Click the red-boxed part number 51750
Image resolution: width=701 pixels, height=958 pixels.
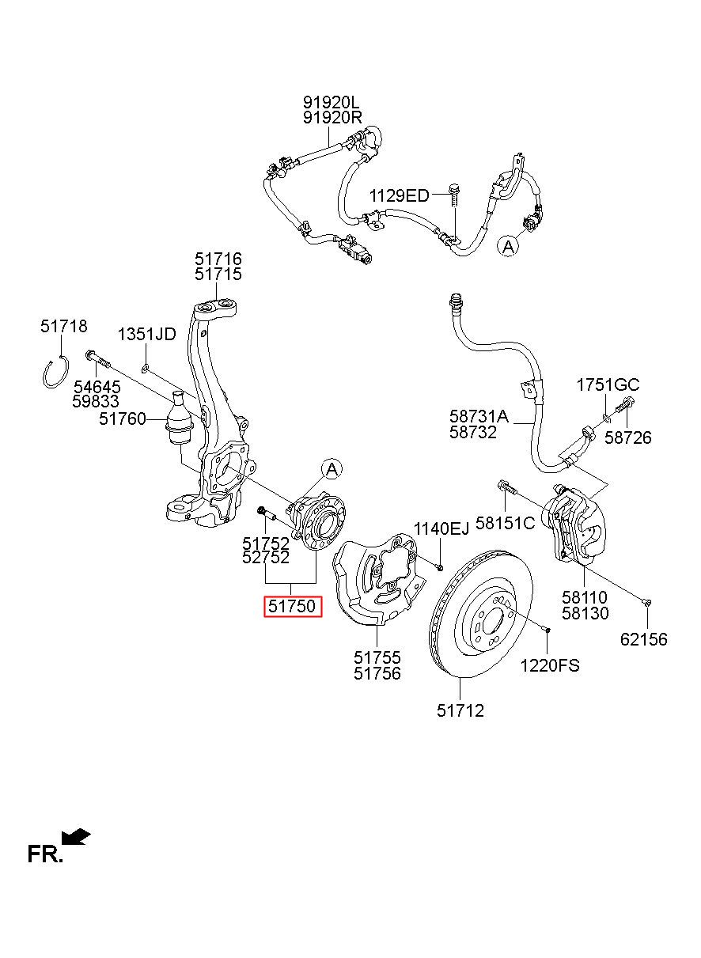tap(292, 606)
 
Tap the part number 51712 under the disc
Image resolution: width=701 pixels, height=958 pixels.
tap(460, 711)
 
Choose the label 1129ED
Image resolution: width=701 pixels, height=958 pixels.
tap(399, 196)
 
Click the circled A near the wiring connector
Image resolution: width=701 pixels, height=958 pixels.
tap(508, 246)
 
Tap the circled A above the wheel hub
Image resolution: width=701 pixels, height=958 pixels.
tap(332, 470)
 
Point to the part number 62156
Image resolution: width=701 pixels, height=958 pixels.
tap(644, 639)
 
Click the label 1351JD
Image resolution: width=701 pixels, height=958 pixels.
tap(146, 334)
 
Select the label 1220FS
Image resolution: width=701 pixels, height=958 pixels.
tap(550, 665)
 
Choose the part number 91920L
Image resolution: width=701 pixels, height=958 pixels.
tap(332, 102)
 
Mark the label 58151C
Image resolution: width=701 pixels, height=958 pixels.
tap(505, 523)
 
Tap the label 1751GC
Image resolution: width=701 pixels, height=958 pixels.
tap(608, 385)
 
